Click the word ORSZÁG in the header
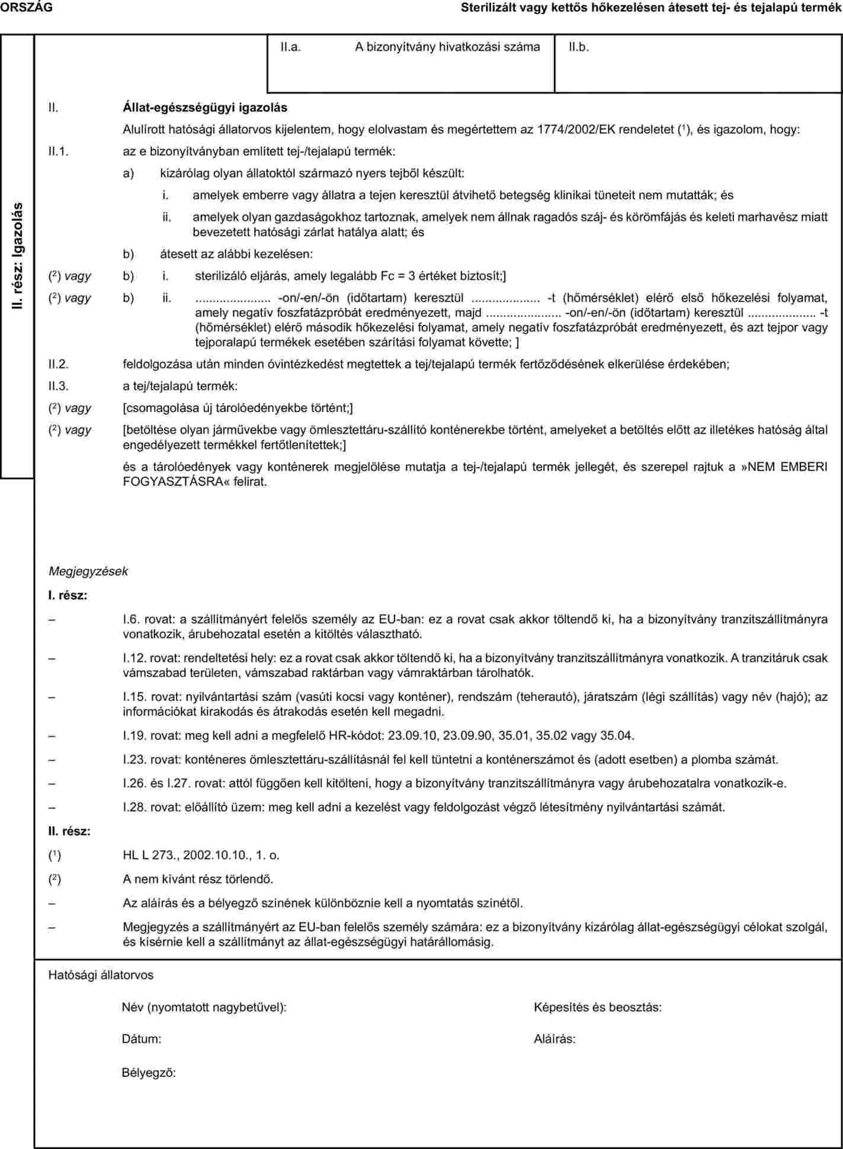pyautogui.click(x=26, y=8)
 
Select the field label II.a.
pyautogui.click(x=291, y=47)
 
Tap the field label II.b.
pyautogui.click(x=579, y=47)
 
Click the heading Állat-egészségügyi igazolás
pyautogui.click(x=204, y=107)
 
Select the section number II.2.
pyautogui.click(x=59, y=364)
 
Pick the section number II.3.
pyautogui.click(x=59, y=386)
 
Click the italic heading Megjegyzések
pyautogui.click(x=88, y=571)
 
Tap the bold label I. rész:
pyautogui.click(x=68, y=594)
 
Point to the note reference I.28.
pyautogui.click(x=134, y=807)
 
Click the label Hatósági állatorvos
pyautogui.click(x=101, y=975)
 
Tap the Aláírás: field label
pyautogui.click(x=554, y=1038)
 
